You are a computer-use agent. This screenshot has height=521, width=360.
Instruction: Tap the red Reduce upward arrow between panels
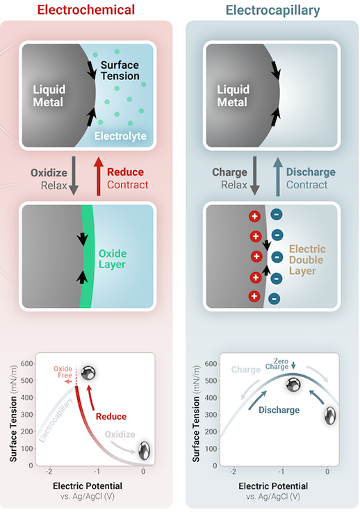(x=97, y=178)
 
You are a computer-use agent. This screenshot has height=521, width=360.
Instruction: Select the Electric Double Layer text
(x=307, y=259)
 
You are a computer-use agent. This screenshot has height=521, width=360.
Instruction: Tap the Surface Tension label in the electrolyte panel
(x=120, y=72)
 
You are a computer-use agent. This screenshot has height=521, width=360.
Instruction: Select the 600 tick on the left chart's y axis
(x=27, y=363)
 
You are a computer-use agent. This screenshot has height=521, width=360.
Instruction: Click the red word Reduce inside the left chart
(x=111, y=416)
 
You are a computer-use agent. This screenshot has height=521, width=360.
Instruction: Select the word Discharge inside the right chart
(x=279, y=410)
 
